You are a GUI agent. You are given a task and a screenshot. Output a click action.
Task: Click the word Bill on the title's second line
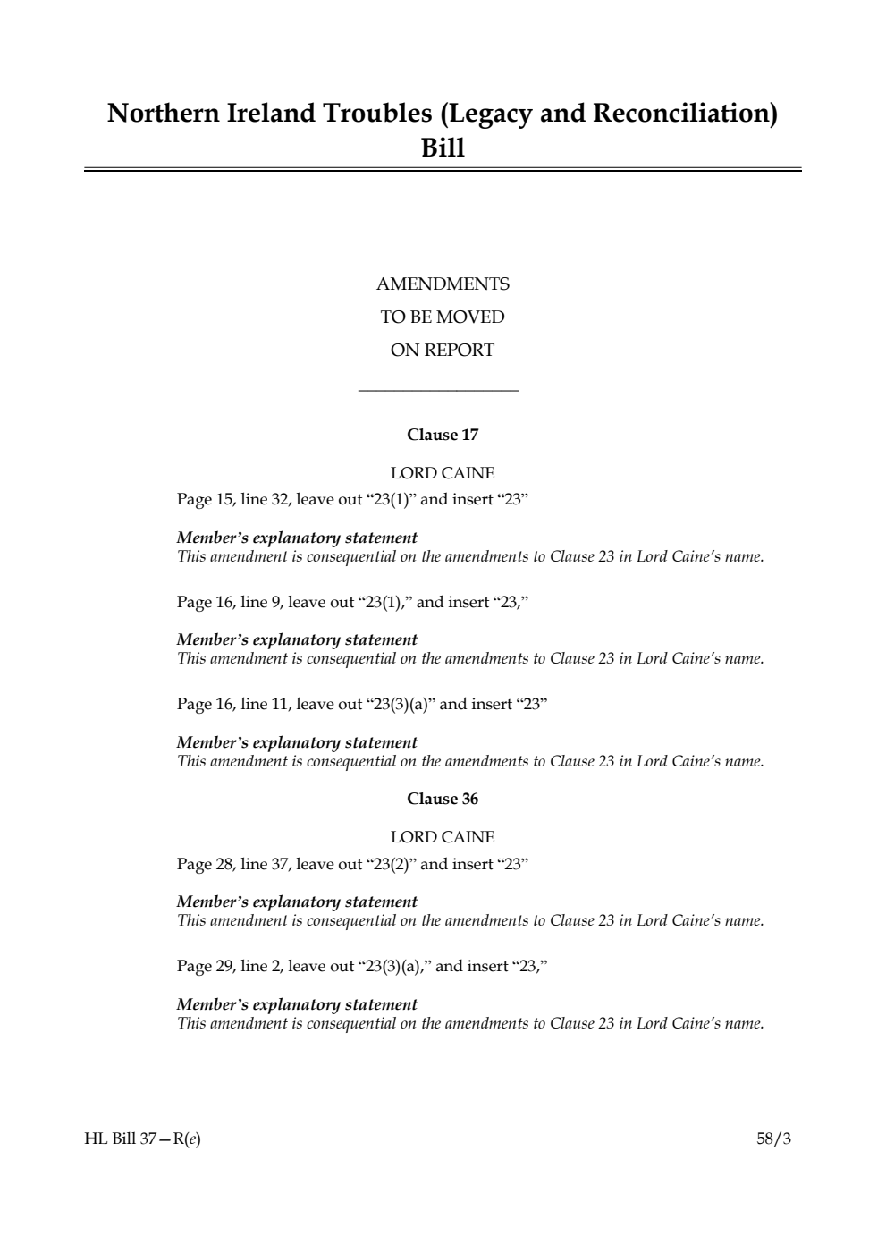(443, 148)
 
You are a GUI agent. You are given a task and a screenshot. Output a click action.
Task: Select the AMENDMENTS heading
(443, 284)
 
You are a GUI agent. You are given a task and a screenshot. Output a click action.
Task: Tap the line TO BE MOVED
(443, 317)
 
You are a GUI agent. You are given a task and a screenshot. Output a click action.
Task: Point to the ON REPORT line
(443, 351)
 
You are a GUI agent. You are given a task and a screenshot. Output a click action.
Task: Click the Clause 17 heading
(443, 436)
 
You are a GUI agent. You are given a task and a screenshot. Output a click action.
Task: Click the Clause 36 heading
(443, 800)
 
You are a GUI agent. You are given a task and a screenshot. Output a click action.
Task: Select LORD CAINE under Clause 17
(443, 473)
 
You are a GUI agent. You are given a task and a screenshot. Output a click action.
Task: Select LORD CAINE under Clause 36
(443, 837)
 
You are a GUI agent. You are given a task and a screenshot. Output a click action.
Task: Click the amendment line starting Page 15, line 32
(352, 500)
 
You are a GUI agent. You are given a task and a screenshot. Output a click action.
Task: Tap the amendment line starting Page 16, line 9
(352, 602)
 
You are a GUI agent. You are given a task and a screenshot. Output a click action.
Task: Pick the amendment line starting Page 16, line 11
(361, 705)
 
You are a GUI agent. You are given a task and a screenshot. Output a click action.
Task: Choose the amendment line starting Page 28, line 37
(352, 865)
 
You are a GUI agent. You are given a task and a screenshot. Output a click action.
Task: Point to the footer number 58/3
(773, 1139)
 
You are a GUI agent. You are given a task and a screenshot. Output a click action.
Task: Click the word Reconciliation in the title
(685, 114)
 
